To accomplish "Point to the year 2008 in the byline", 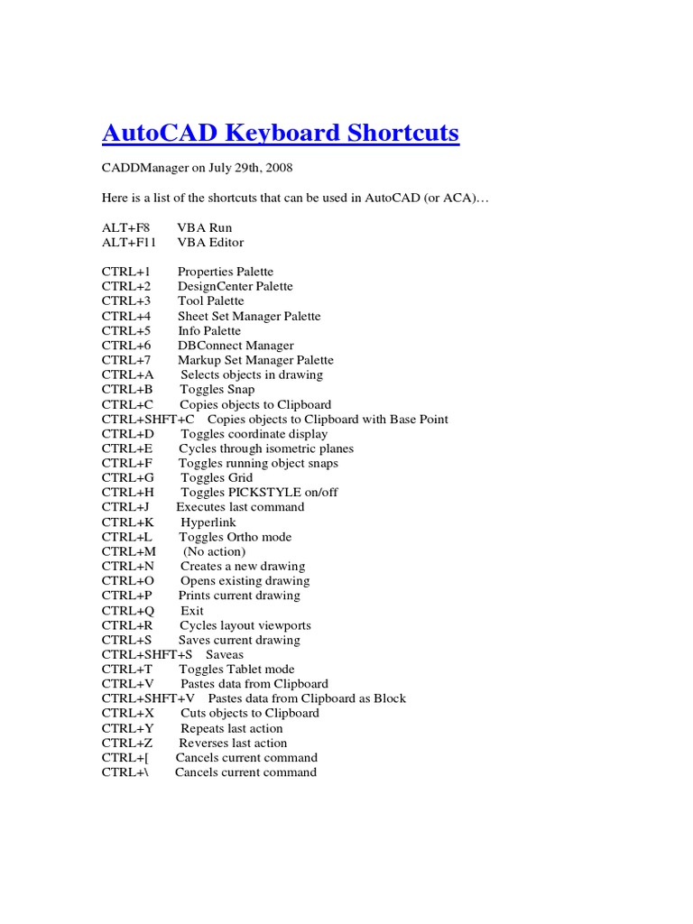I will click(x=277, y=169).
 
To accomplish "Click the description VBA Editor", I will click(x=210, y=242).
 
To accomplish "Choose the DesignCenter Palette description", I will click(x=235, y=286).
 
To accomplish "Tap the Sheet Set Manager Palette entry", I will click(x=248, y=316).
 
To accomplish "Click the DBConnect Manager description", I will click(x=236, y=346).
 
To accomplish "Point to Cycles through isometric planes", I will click(x=266, y=448).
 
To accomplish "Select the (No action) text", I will click(x=214, y=551).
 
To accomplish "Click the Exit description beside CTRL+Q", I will click(x=192, y=610).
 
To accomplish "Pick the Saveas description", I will click(x=225, y=654).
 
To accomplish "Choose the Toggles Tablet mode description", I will click(x=236, y=669).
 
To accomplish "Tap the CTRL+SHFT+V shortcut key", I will click(x=148, y=698).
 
